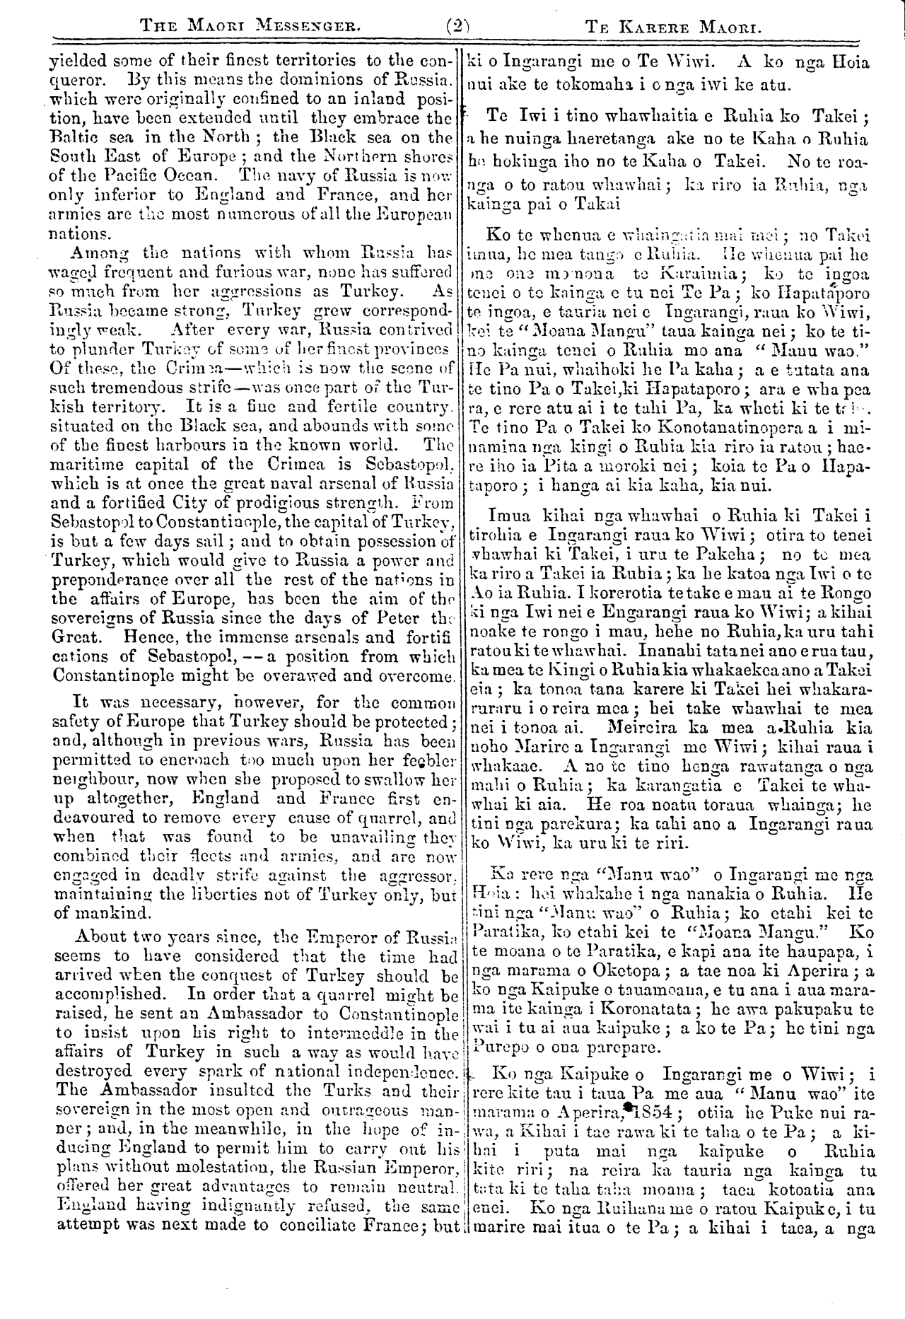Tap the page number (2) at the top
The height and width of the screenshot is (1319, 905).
[458, 28]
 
